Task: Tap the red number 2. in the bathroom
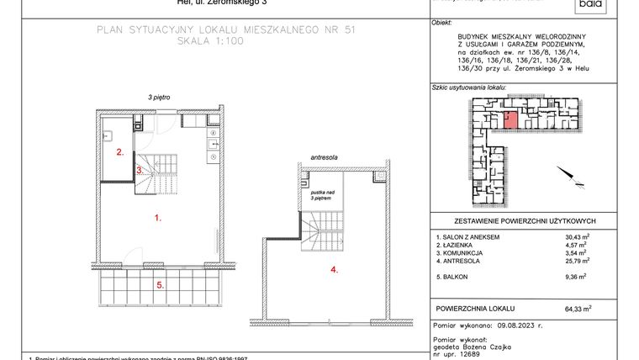tap(120, 153)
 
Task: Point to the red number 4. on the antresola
tap(334, 270)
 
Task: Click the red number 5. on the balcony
tap(159, 284)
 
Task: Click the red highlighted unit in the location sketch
tap(510, 119)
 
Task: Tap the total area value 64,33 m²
tap(578, 309)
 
